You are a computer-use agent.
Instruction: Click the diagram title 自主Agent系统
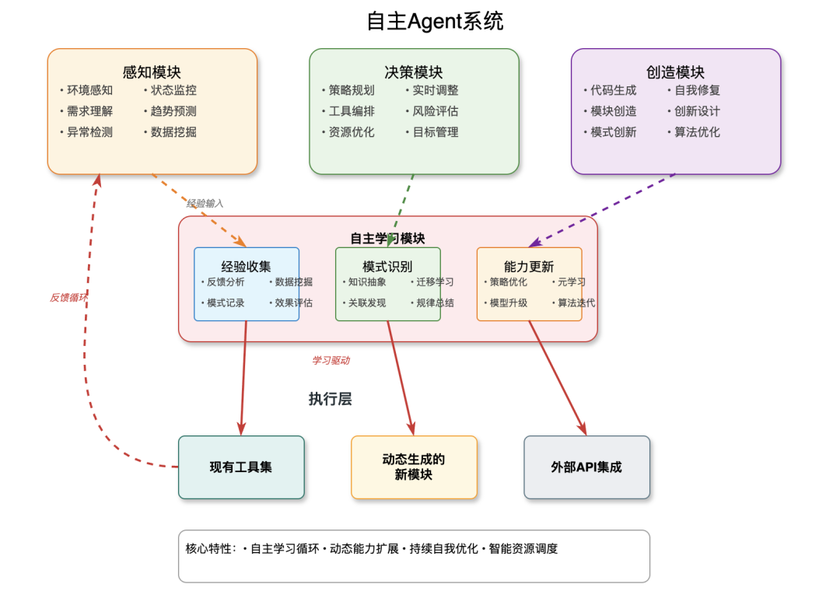[435, 22]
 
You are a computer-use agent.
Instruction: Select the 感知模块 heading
[152, 72]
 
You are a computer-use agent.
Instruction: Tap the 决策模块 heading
[414, 72]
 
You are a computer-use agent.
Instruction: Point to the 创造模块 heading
[675, 72]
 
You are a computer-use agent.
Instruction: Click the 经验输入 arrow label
[205, 203]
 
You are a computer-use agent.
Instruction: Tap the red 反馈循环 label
[68, 297]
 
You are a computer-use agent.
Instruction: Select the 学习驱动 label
[331, 360]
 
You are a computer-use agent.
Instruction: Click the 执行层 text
[330, 399]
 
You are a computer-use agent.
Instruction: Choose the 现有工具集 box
[241, 467]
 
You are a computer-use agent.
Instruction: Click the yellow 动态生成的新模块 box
[414, 467]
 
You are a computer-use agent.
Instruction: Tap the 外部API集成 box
[586, 467]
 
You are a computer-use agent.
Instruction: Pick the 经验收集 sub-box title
[246, 267]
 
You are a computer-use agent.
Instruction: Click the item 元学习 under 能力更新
[571, 282]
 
